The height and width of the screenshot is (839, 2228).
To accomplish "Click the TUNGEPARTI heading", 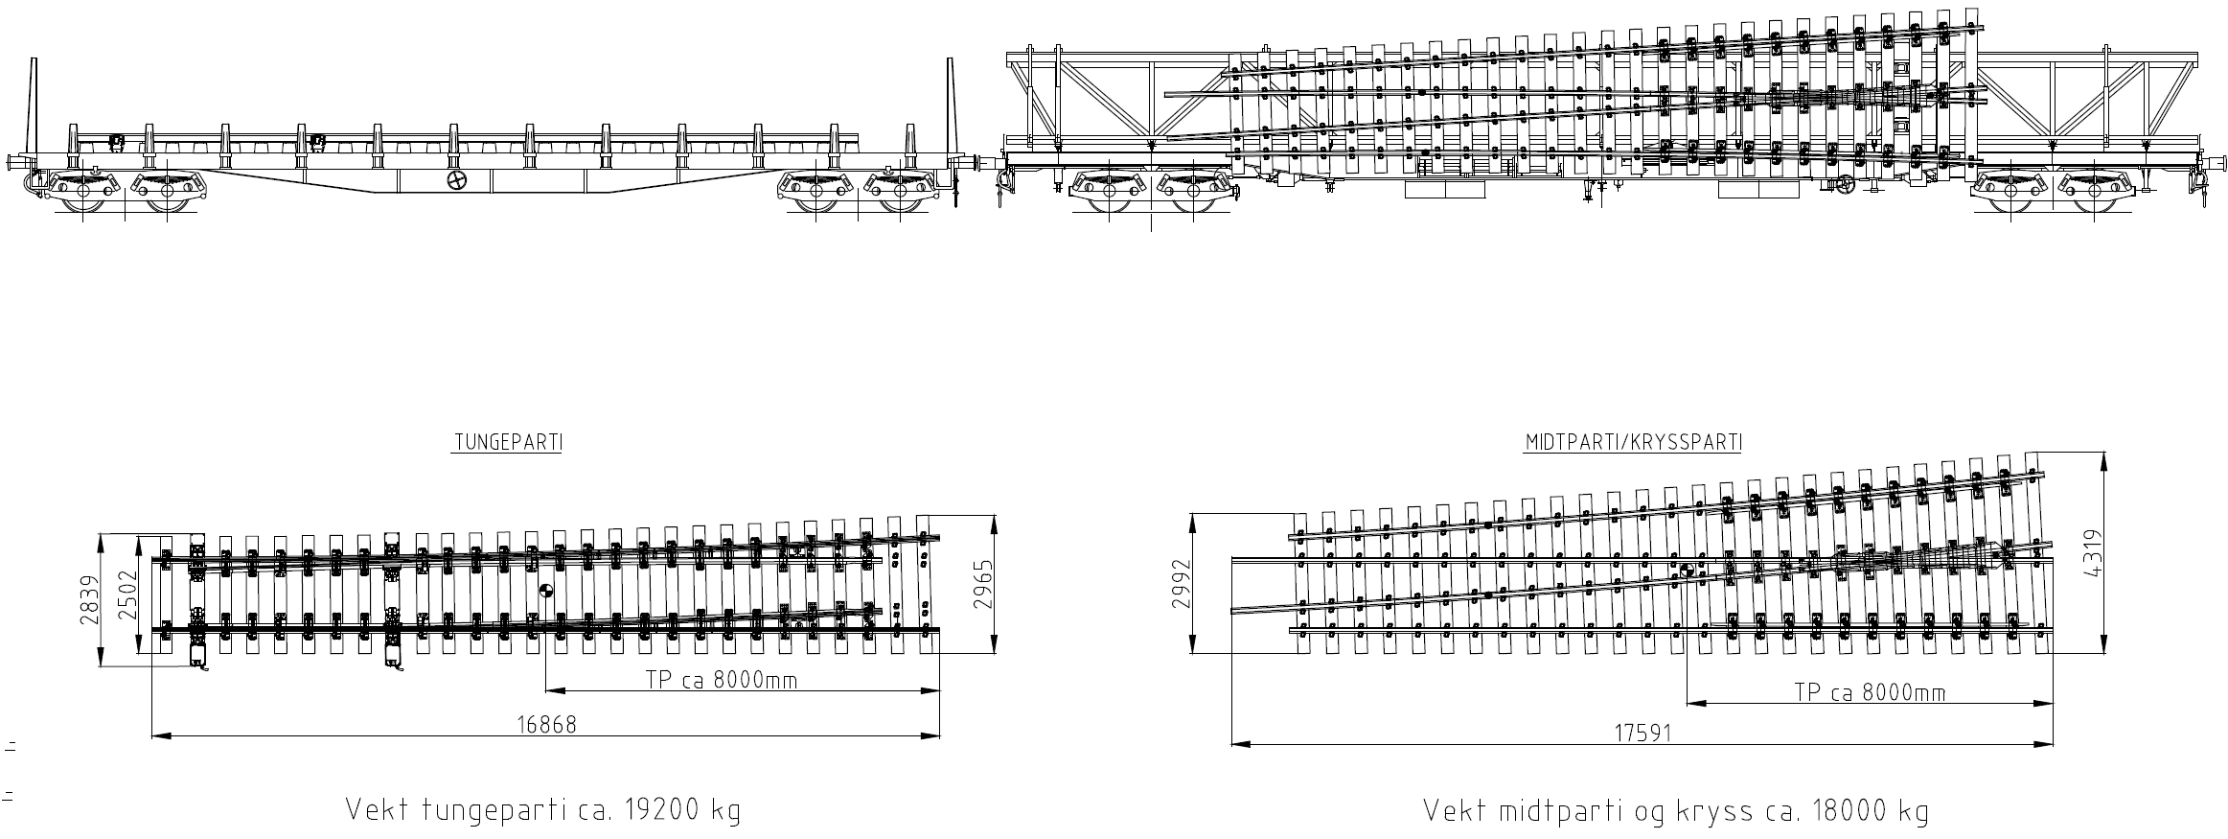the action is pyautogui.click(x=507, y=443).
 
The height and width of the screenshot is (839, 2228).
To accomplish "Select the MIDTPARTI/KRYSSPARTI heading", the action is pyautogui.click(x=1633, y=443).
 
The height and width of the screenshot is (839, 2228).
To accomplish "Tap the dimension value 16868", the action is pyautogui.click(x=546, y=724).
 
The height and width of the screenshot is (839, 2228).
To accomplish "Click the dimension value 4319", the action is pyautogui.click(x=2090, y=553).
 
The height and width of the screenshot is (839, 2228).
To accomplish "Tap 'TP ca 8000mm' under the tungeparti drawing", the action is pyautogui.click(x=721, y=680).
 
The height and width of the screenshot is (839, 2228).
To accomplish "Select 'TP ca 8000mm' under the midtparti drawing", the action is pyautogui.click(x=1869, y=692).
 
